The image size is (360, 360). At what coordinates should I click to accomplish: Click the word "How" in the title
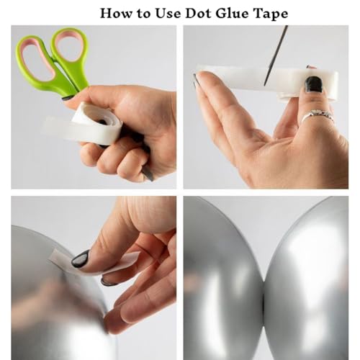pyautogui.click(x=116, y=13)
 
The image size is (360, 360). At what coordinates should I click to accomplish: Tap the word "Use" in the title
pyautogui.click(x=168, y=13)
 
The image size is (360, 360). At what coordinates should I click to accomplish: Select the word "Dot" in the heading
pyautogui.click(x=197, y=13)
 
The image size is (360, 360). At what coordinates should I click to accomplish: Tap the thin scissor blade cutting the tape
pyautogui.click(x=276, y=55)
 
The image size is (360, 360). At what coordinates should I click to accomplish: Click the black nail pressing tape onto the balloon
pyautogui.click(x=81, y=258)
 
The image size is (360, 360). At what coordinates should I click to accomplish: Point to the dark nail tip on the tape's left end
pyautogui.click(x=195, y=79)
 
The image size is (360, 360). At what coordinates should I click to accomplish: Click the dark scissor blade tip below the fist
pyautogui.click(x=148, y=175)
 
